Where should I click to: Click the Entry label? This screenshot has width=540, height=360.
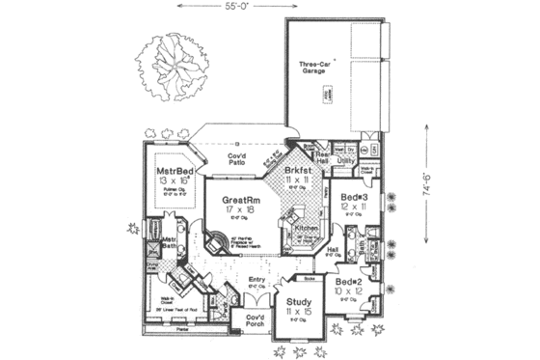coord(256,281)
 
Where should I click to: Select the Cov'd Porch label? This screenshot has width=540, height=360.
coord(255,320)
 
